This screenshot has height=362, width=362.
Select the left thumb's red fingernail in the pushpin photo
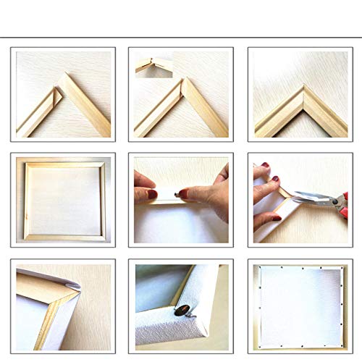pyautogui.click(x=152, y=193)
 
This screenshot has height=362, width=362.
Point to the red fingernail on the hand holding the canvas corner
pyautogui.click(x=265, y=166)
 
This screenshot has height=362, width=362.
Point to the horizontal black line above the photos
pyautogui.click(x=181, y=35)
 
